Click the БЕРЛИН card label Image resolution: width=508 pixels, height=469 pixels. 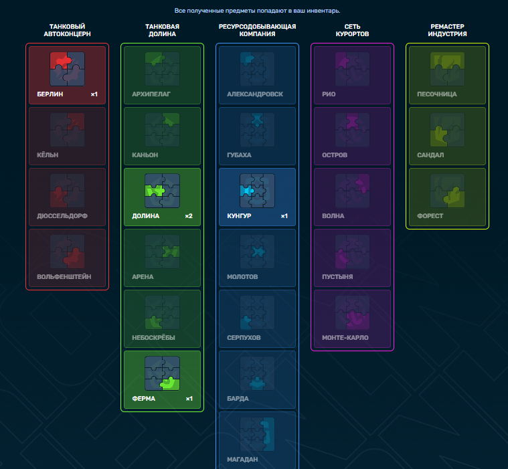pyautogui.click(x=50, y=94)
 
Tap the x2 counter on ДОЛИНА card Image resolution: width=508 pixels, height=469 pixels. pyautogui.click(x=189, y=216)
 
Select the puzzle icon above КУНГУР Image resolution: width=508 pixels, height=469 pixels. pyautogui.click(x=257, y=191)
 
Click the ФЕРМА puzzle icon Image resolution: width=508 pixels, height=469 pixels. pyautogui.click(x=163, y=373)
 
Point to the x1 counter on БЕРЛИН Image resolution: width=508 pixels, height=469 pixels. pyautogui.click(x=94, y=94)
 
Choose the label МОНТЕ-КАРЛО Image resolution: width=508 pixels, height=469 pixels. pyautogui.click(x=345, y=338)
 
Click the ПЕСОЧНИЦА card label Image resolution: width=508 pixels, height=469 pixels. pyautogui.click(x=437, y=94)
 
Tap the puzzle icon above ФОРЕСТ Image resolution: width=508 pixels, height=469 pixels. pyautogui.click(x=447, y=191)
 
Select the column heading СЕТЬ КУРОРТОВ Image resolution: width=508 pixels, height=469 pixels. pyautogui.click(x=352, y=30)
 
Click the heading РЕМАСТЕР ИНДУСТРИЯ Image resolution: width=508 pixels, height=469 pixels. pyautogui.click(x=447, y=30)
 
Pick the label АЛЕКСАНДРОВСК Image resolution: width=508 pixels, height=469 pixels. pyautogui.click(x=255, y=94)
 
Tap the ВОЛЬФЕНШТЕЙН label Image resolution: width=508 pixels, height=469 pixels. pyautogui.click(x=64, y=277)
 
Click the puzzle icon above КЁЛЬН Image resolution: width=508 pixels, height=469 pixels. pyautogui.click(x=68, y=130)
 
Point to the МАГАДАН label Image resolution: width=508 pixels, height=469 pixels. pyautogui.click(x=242, y=460)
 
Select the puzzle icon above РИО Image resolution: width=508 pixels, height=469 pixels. pyautogui.click(x=352, y=69)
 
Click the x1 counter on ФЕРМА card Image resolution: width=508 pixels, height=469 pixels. pyautogui.click(x=189, y=399)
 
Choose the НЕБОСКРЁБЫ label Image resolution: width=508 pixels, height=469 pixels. pyautogui.click(x=153, y=338)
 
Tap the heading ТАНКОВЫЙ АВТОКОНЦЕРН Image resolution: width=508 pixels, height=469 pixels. pyautogui.click(x=68, y=30)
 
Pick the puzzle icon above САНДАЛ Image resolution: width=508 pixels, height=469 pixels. pyautogui.click(x=447, y=130)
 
